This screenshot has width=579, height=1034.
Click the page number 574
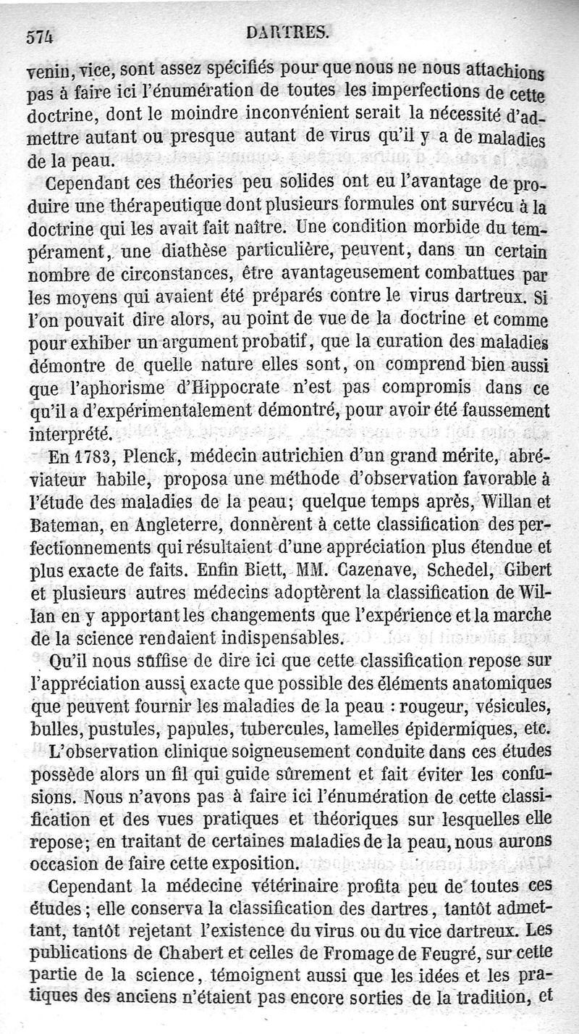pos(41,36)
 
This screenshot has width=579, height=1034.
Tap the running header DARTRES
pos(287,33)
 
